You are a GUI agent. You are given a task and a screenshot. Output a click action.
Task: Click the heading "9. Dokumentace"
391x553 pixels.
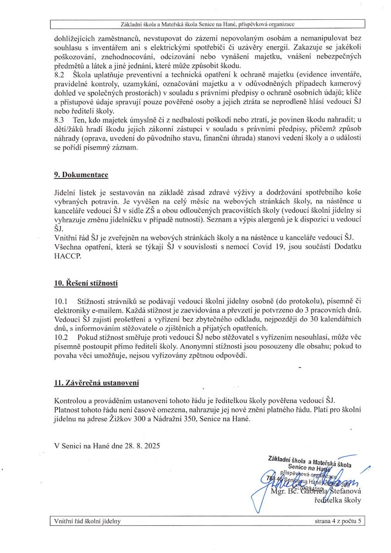pos(81,175)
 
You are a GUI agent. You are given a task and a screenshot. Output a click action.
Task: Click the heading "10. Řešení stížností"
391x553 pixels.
pos(86,283)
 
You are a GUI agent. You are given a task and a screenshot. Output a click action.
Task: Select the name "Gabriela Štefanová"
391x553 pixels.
pos(328,491)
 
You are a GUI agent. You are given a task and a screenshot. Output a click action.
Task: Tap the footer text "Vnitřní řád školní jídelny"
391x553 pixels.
pos(86,521)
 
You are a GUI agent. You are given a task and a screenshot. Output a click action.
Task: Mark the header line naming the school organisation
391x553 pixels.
pos(208,24)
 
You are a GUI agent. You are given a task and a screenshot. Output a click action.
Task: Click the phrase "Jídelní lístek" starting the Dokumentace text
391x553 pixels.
pos(72,192)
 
